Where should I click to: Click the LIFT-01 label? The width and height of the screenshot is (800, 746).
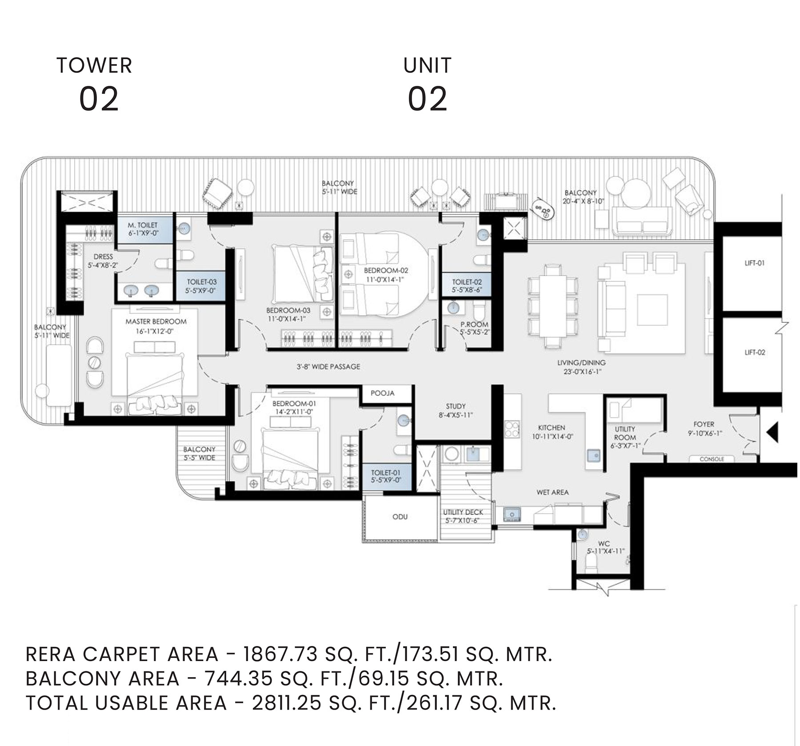[x=754, y=263]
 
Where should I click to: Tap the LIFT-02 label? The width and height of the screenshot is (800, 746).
[x=755, y=353]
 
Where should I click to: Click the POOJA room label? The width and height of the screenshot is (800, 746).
[x=382, y=393]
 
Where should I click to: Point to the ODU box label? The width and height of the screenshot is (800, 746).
[x=400, y=517]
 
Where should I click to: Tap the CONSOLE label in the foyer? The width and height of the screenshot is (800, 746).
[x=712, y=459]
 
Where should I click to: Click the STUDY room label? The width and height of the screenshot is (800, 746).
[x=456, y=406]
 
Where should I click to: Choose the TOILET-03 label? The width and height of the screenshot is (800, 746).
[x=201, y=282]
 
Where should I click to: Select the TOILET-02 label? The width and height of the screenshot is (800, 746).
[x=467, y=282]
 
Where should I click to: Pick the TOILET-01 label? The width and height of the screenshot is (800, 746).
[x=386, y=473]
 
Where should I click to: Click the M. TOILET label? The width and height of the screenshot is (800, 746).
[x=143, y=225]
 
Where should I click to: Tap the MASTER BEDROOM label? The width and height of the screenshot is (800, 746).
[x=156, y=321]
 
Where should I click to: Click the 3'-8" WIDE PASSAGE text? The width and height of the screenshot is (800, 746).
[x=328, y=367]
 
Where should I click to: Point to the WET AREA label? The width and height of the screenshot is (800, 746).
[x=552, y=492]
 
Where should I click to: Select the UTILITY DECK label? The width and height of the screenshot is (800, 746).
[x=463, y=512]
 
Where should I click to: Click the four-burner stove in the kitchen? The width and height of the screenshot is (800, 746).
[x=512, y=429]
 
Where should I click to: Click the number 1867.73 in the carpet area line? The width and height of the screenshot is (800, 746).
[x=280, y=654]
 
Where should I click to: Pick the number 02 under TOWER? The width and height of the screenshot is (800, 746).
[x=99, y=99]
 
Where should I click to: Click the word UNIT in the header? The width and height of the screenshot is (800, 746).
[x=427, y=65]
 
